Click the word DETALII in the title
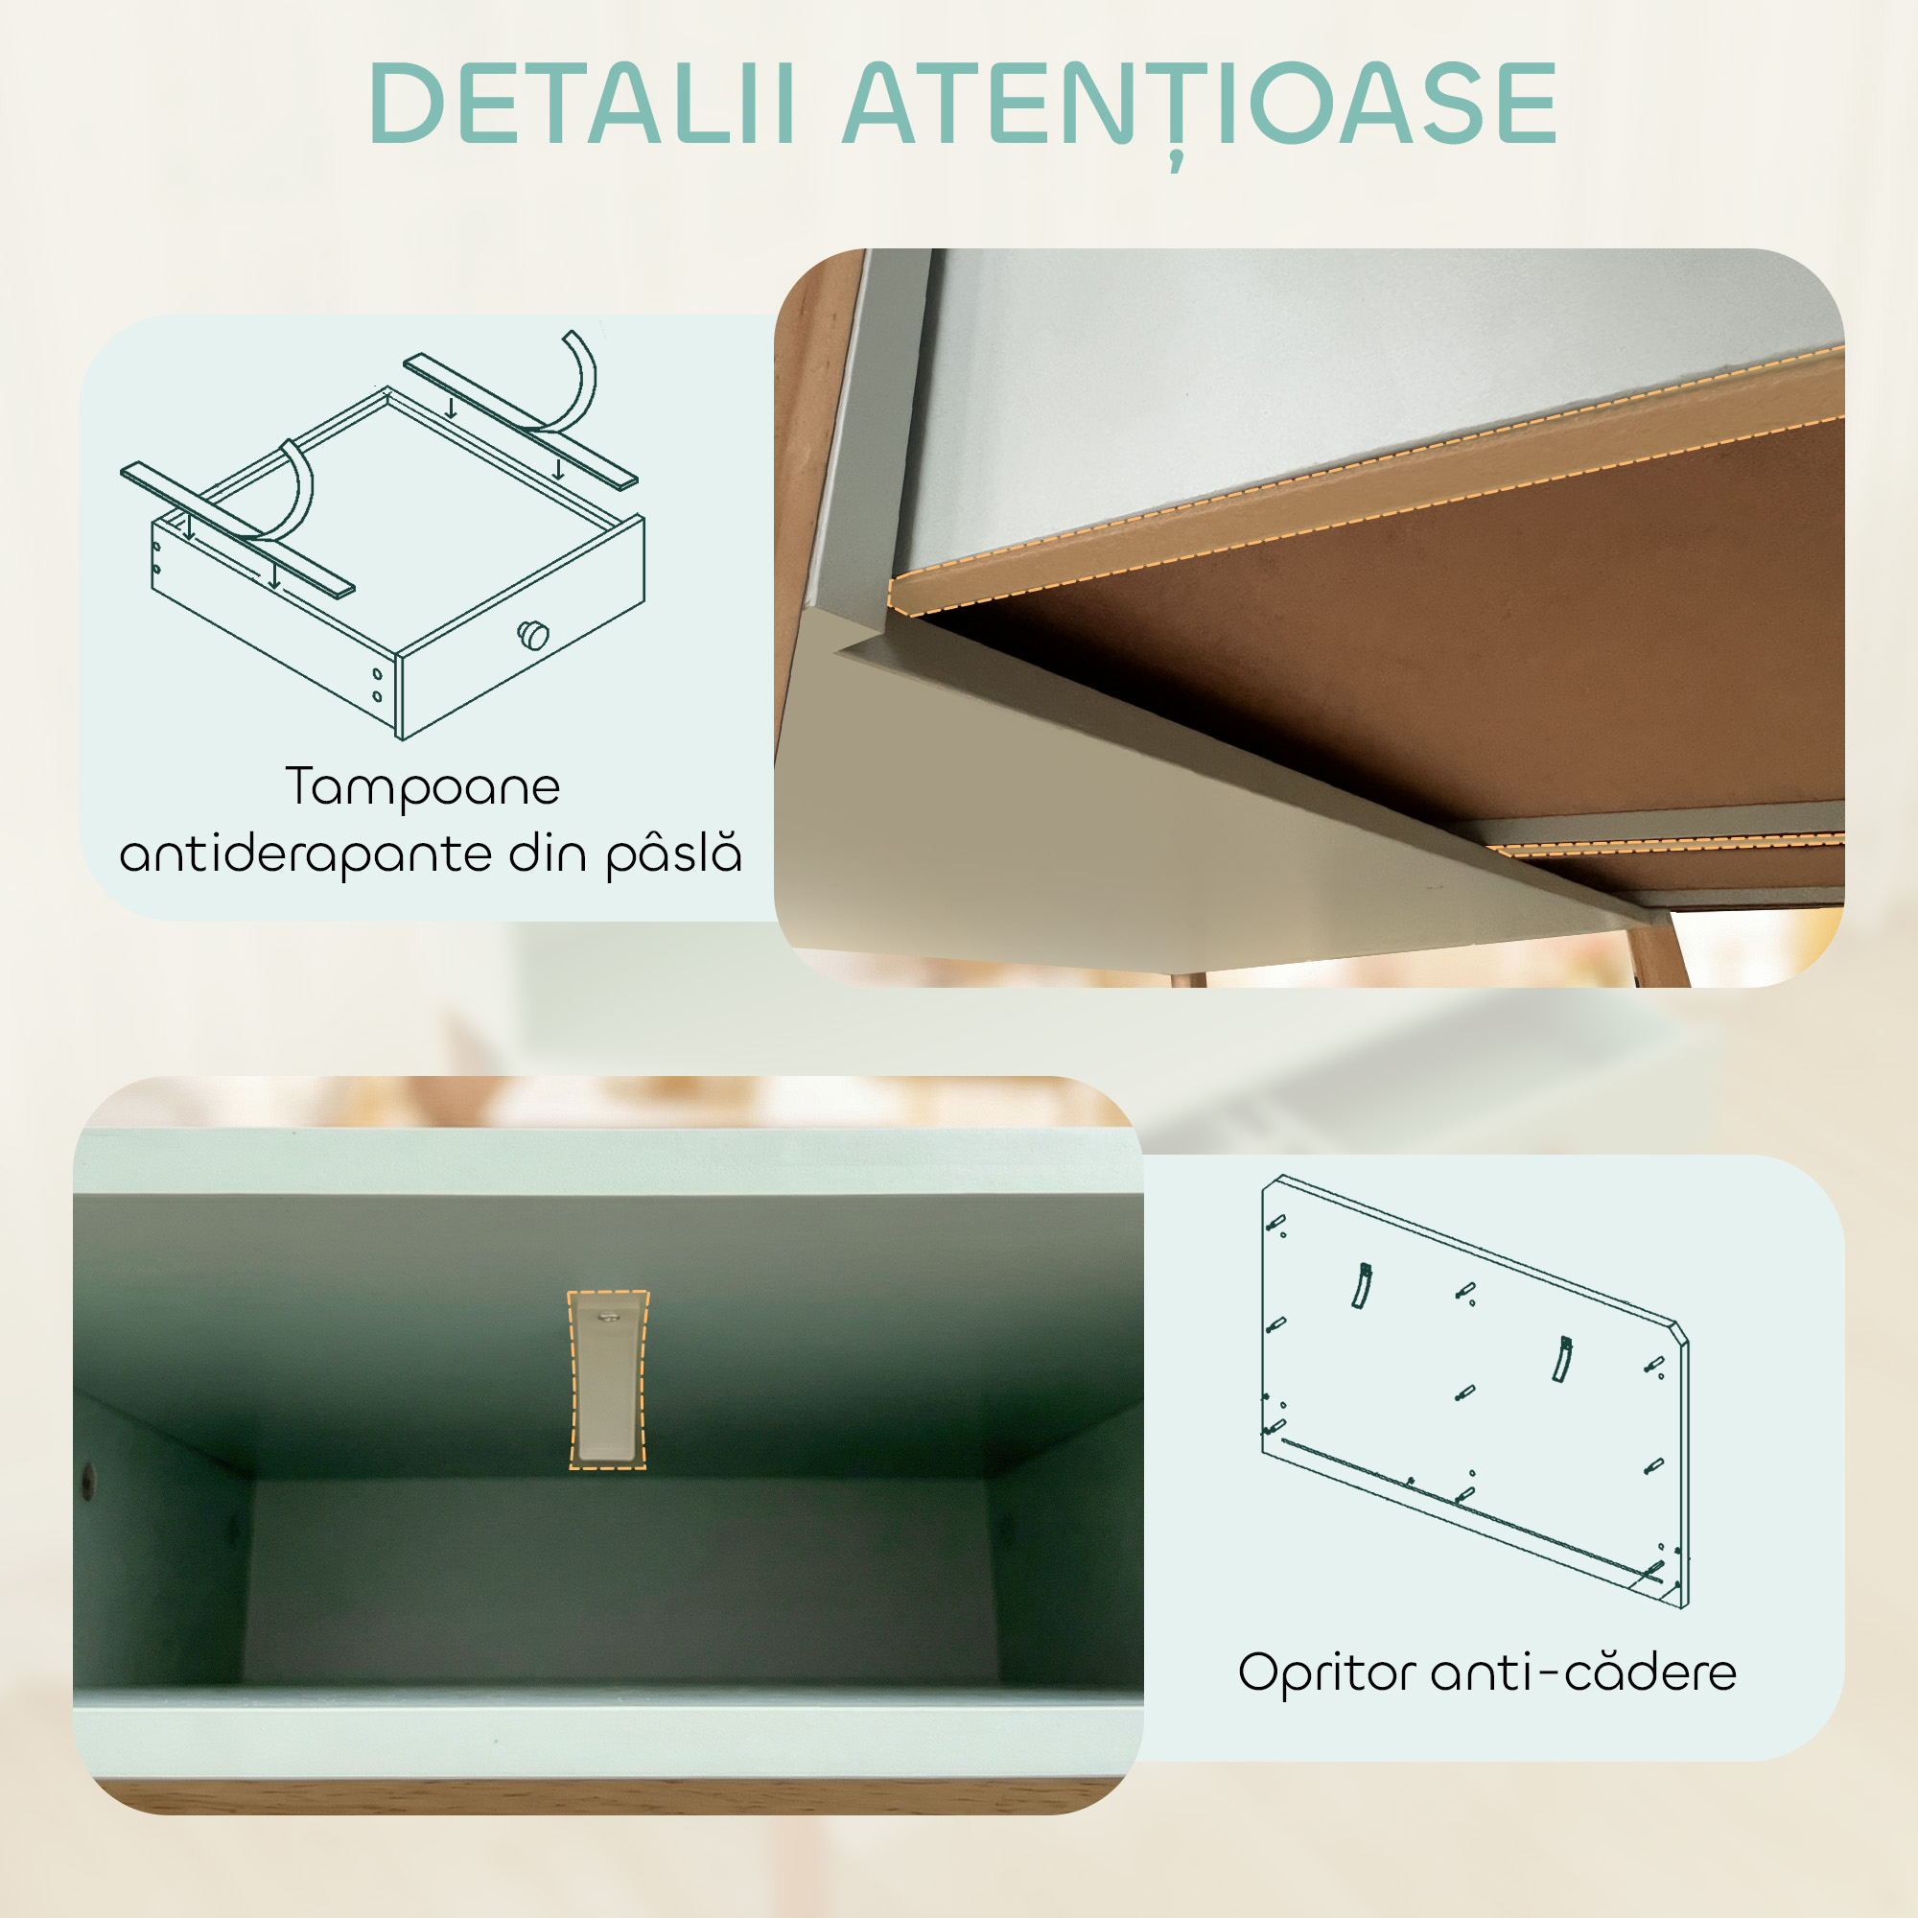[581, 105]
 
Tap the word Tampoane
[423, 787]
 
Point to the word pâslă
[674, 853]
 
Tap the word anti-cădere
[1583, 1672]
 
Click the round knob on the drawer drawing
[534, 634]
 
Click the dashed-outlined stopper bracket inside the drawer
[608, 1380]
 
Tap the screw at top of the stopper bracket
[607, 1318]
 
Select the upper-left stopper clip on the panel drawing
[1362, 1286]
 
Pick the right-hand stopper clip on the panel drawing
[1561, 1359]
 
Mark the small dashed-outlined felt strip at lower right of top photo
[1668, 845]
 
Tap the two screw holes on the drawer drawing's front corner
[377, 684]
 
